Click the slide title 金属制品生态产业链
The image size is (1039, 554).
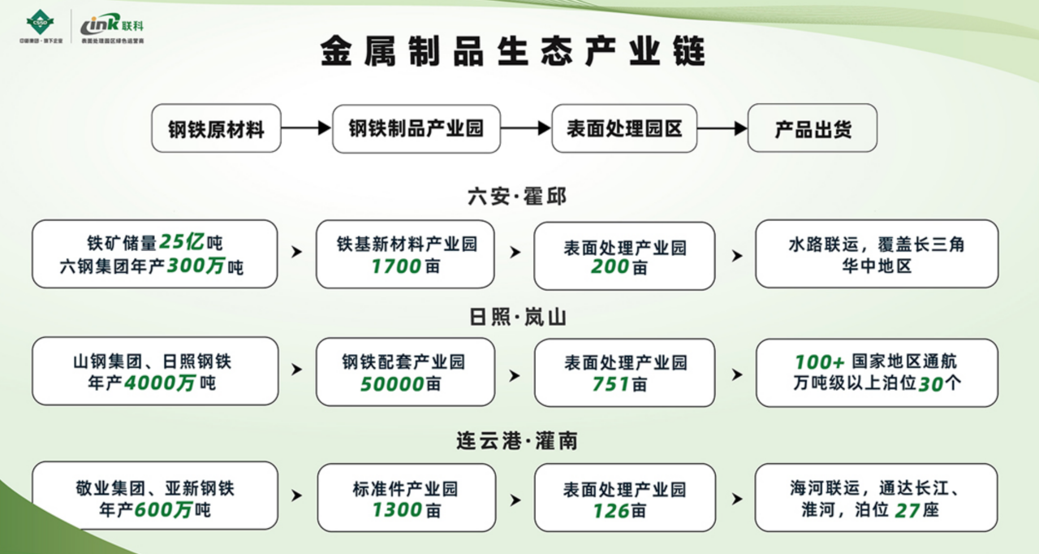(513, 51)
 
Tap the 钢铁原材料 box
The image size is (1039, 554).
(216, 128)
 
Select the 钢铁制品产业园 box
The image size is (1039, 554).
(416, 128)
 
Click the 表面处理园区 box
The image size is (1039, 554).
(624, 128)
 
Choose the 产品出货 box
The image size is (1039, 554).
(812, 128)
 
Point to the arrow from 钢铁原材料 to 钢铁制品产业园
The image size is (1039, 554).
(306, 128)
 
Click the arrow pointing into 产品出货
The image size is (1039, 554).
(722, 128)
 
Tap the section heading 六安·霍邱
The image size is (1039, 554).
(517, 196)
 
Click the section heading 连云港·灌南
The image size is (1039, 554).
(517, 441)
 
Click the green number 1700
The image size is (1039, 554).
(397, 265)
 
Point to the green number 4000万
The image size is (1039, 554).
(160, 382)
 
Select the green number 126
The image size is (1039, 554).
(611, 510)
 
